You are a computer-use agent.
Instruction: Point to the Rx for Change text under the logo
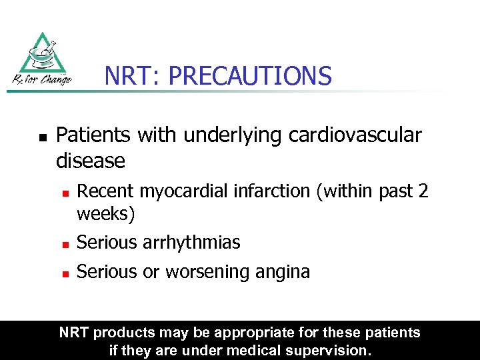[x=41, y=81]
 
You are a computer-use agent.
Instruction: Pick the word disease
[x=91, y=161]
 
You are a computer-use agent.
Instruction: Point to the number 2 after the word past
[x=423, y=191]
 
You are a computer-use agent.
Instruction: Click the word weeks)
[x=106, y=214]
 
